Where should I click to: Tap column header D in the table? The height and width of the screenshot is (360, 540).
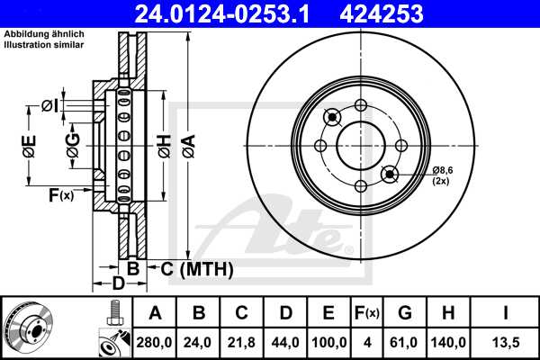(x=284, y=313)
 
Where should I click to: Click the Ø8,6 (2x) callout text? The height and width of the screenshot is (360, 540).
(x=445, y=175)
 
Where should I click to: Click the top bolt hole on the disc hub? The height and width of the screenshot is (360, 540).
(x=361, y=105)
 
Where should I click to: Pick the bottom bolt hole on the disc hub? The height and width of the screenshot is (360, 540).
(x=361, y=186)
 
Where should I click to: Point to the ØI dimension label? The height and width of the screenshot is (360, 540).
(x=51, y=107)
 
